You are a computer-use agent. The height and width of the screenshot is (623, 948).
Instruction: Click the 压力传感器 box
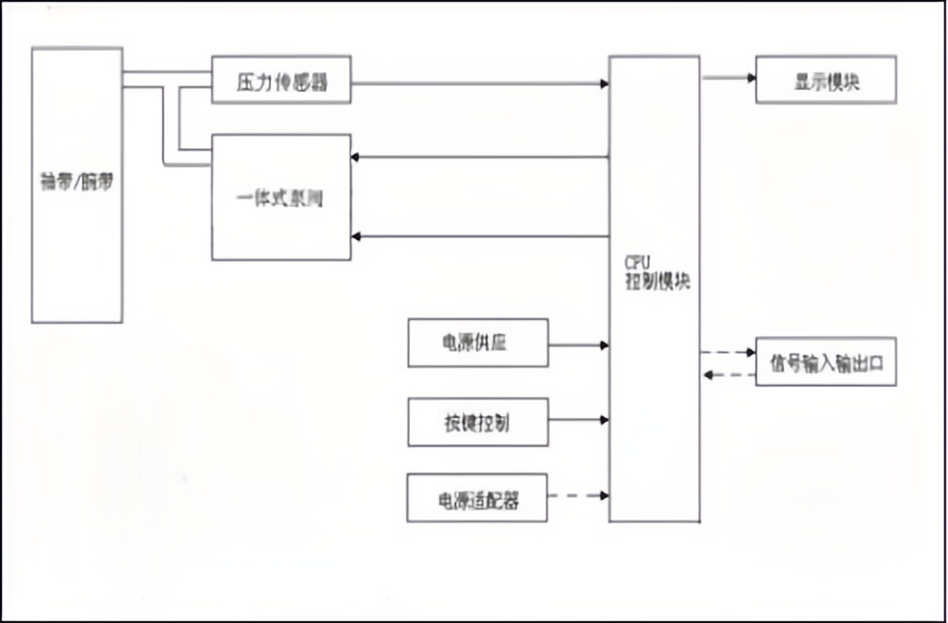[x=281, y=81]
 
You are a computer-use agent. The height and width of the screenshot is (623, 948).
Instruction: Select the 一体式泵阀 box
[x=281, y=197]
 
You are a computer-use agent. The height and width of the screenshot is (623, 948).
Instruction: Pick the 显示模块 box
[x=825, y=81]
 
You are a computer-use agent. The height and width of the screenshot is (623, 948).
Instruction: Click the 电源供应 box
[x=478, y=344]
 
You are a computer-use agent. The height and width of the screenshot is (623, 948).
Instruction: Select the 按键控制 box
[x=478, y=422]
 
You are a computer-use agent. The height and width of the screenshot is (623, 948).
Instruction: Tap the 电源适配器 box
[x=478, y=499]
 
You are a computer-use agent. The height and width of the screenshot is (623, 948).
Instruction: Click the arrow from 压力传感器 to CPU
[x=478, y=83]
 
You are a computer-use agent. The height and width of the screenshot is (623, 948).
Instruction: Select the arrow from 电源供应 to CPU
[x=577, y=344]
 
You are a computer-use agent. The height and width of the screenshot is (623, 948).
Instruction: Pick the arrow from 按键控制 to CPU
[x=577, y=421]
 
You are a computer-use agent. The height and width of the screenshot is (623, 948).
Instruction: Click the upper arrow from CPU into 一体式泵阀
[x=478, y=156]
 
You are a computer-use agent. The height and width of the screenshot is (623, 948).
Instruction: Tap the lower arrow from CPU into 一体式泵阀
[x=478, y=236]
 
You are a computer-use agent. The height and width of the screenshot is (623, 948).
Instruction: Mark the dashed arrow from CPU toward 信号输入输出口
[x=727, y=352]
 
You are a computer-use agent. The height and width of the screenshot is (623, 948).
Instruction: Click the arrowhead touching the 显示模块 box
[x=750, y=76]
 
